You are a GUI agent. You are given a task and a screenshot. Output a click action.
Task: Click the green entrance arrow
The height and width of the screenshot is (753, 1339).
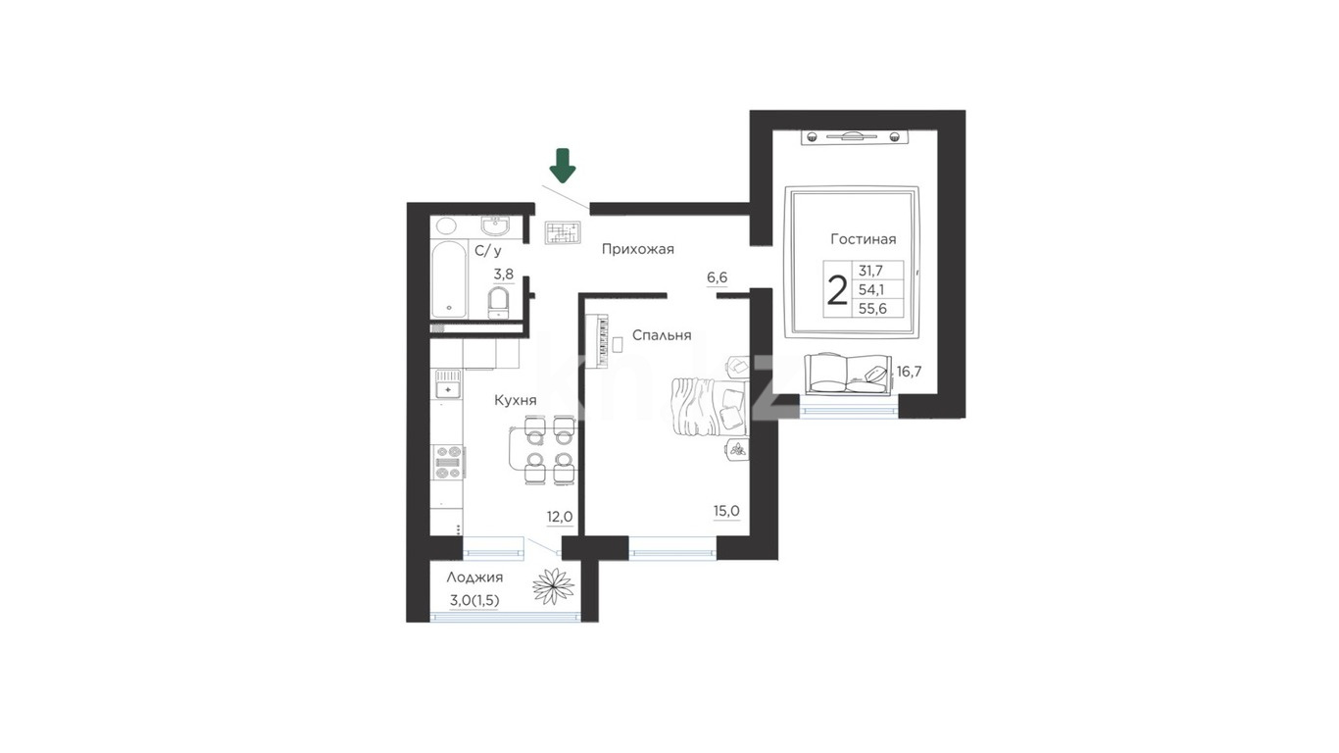(563, 165)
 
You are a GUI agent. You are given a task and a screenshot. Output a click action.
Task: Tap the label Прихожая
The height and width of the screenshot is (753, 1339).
(637, 249)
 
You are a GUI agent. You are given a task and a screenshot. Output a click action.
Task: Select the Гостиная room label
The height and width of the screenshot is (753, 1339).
(864, 239)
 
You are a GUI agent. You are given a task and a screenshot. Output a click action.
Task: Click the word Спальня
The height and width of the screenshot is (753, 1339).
(662, 335)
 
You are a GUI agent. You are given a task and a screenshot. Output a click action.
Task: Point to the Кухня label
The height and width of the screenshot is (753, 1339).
(516, 400)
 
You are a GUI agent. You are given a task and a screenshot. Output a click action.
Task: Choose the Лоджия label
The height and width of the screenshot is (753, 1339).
(474, 577)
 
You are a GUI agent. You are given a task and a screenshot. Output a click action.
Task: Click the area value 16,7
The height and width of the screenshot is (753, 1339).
(910, 372)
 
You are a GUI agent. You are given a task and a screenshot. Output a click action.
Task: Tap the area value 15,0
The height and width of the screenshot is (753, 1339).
(726, 511)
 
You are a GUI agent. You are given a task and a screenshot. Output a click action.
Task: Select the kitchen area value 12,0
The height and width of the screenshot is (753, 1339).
(560, 517)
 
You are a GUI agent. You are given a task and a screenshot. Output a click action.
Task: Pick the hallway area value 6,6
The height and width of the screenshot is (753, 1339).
(717, 277)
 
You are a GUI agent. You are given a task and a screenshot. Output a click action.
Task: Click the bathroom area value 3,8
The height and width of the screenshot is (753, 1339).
(503, 275)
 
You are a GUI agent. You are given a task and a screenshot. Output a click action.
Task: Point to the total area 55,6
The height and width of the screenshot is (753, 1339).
(872, 309)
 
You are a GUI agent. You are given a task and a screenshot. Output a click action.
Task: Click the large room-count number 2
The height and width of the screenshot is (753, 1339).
(836, 290)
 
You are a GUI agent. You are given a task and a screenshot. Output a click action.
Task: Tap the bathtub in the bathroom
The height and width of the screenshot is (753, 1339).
(449, 279)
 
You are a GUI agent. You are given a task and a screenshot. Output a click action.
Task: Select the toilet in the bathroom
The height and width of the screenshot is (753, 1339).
(498, 303)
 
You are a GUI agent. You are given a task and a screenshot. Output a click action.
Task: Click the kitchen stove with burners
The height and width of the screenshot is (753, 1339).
(449, 463)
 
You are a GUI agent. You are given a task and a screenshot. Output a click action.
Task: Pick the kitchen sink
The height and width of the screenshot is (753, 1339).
(448, 384)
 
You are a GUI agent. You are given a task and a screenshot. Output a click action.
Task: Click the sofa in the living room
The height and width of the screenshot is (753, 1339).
(848, 374)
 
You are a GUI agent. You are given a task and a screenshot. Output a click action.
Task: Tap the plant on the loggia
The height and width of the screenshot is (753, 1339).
(554, 585)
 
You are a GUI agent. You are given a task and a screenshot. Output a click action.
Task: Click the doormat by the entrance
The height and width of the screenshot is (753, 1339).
(563, 232)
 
